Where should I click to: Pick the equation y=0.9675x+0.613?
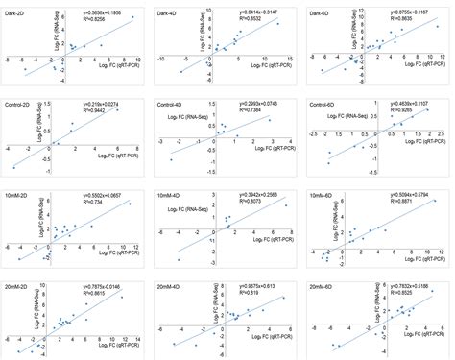[254, 285]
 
